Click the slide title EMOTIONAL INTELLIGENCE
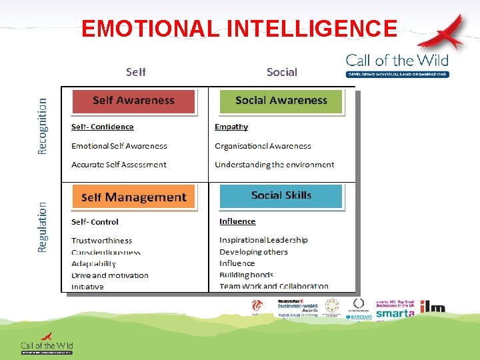[x=239, y=29]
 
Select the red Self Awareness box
[x=133, y=101]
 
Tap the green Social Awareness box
[x=281, y=101]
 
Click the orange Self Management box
[x=133, y=197]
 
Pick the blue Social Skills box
[x=281, y=195]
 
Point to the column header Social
[x=281, y=72]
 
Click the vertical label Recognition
[x=43, y=126]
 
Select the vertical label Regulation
[x=43, y=227]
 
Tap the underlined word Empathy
[x=231, y=127]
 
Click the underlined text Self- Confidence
[x=103, y=127]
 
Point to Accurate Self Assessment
[x=119, y=165]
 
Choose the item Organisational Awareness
[x=263, y=146]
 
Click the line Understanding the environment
[x=274, y=165]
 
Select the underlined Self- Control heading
[x=95, y=222]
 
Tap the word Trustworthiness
[x=101, y=241]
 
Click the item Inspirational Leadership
[x=263, y=240]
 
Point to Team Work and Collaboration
[x=273, y=287]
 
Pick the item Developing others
[x=253, y=252]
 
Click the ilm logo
[x=432, y=307]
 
